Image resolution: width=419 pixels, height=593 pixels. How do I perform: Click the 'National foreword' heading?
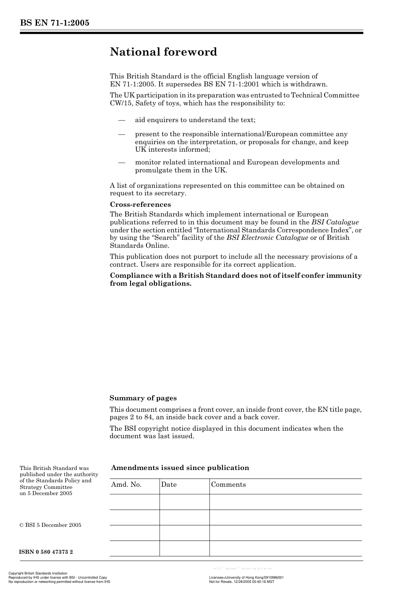[x=163, y=52]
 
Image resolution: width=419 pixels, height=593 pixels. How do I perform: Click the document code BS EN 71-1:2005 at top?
[x=55, y=23]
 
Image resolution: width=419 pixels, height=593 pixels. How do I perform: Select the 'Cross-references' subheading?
[x=140, y=205]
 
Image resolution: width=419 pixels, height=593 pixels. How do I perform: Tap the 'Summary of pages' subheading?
[x=143, y=398]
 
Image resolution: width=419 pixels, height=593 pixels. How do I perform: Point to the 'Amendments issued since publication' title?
[x=180, y=468]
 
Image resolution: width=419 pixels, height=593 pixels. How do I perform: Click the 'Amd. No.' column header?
[x=127, y=485]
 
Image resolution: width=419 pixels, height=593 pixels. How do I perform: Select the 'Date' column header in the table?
[x=169, y=485]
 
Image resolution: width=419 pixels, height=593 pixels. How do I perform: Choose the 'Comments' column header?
[x=228, y=485]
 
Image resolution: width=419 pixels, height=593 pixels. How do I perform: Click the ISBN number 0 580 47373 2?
[x=46, y=552]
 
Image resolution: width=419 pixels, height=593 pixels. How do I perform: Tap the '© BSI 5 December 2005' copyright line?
[x=50, y=525]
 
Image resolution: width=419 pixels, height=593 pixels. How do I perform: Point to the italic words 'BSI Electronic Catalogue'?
[x=267, y=238]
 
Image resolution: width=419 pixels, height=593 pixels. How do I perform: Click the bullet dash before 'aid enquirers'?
[x=121, y=120]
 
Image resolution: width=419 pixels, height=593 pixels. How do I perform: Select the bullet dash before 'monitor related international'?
[x=121, y=162]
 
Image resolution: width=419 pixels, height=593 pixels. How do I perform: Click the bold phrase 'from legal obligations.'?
[x=151, y=283]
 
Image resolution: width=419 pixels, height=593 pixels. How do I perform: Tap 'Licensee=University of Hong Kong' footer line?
[x=246, y=577]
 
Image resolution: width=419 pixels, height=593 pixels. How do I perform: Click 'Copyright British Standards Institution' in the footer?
[x=38, y=574]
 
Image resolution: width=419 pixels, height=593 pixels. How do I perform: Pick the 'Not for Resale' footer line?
[x=241, y=582]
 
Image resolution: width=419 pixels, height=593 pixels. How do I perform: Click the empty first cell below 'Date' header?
[x=184, y=502]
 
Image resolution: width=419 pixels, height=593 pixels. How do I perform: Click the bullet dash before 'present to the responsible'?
[x=121, y=134]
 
